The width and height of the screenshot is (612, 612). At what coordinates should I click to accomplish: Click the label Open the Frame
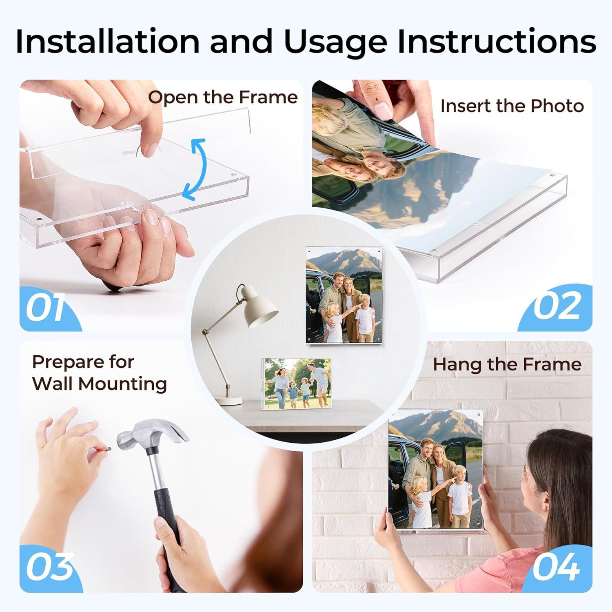(223, 98)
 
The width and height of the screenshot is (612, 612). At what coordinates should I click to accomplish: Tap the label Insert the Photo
(512, 106)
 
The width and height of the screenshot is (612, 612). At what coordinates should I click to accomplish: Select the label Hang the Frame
(507, 364)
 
